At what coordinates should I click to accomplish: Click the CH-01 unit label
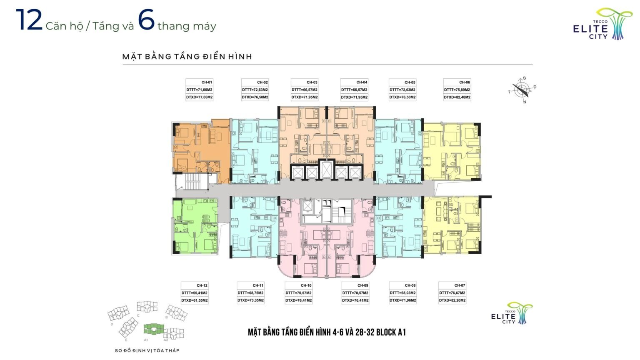click(x=207, y=82)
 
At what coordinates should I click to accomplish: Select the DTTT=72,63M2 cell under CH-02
click(x=255, y=90)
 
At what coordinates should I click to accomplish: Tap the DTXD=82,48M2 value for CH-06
click(x=457, y=97)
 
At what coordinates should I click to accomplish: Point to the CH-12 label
click(x=202, y=285)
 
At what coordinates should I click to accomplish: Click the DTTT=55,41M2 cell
click(x=194, y=293)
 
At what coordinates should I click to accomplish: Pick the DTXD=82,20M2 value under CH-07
click(x=452, y=300)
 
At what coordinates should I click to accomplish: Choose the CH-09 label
click(x=363, y=285)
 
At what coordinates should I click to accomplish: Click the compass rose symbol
click(x=522, y=90)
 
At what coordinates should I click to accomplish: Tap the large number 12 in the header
click(x=29, y=20)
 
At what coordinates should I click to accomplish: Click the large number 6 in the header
click(x=146, y=20)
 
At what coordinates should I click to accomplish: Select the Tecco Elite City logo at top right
click(x=599, y=24)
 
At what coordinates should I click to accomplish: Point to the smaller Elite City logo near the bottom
click(x=512, y=313)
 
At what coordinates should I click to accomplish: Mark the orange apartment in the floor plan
click(x=201, y=151)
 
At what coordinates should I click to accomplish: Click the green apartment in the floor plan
click(x=195, y=226)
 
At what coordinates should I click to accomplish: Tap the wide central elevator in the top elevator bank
click(x=326, y=170)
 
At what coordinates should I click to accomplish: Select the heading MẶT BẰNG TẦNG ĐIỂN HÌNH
click(x=187, y=57)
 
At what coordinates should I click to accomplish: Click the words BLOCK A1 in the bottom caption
click(x=391, y=332)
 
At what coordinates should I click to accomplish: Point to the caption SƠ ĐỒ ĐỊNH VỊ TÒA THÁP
click(x=147, y=350)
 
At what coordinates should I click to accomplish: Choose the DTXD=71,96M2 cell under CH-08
click(x=402, y=300)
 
